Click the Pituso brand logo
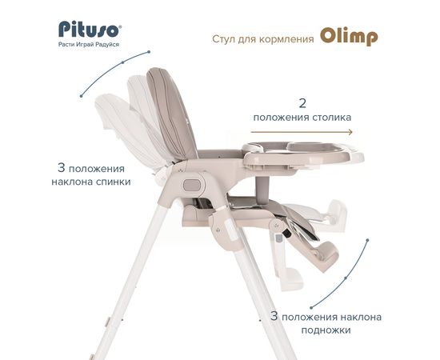(90, 30)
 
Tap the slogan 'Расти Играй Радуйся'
(89, 44)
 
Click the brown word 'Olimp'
(349, 37)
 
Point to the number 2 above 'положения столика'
(302, 103)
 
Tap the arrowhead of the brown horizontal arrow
(350, 132)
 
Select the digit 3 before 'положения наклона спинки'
(62, 168)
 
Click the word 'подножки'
(326, 330)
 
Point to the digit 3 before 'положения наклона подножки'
(274, 317)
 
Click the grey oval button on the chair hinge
(192, 185)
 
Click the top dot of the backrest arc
(149, 52)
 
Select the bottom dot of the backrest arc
(81, 96)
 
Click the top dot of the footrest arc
(368, 240)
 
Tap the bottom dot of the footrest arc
(311, 308)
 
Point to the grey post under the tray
(262, 187)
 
